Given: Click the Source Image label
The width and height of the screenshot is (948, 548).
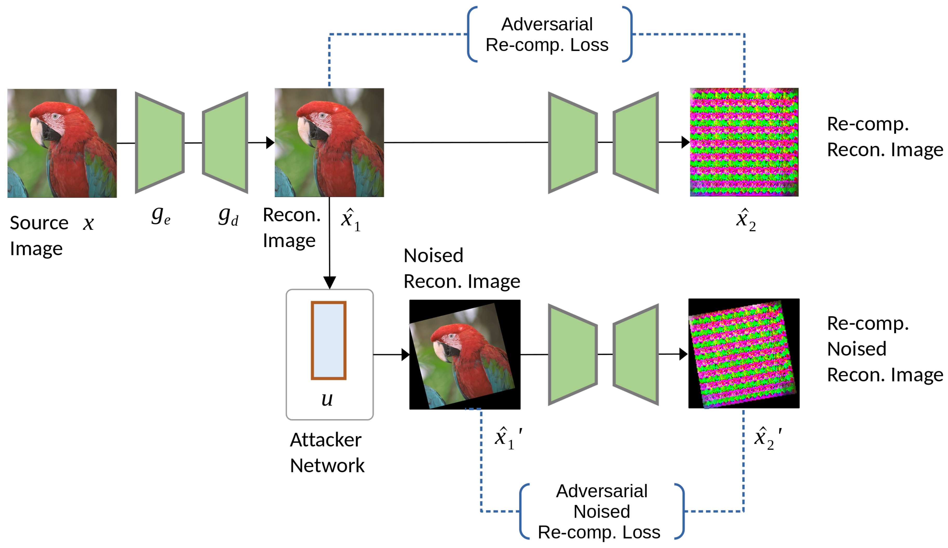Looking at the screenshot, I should tap(39, 235).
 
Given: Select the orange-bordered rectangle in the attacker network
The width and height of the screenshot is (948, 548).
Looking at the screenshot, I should tap(328, 340).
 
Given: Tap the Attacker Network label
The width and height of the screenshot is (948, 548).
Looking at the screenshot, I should tap(327, 452).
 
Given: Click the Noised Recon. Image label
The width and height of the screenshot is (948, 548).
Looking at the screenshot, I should tap(462, 268).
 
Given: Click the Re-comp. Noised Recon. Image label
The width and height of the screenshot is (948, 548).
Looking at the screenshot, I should tap(884, 349).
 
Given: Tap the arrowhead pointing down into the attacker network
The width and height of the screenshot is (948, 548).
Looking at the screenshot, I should tap(330, 282).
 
